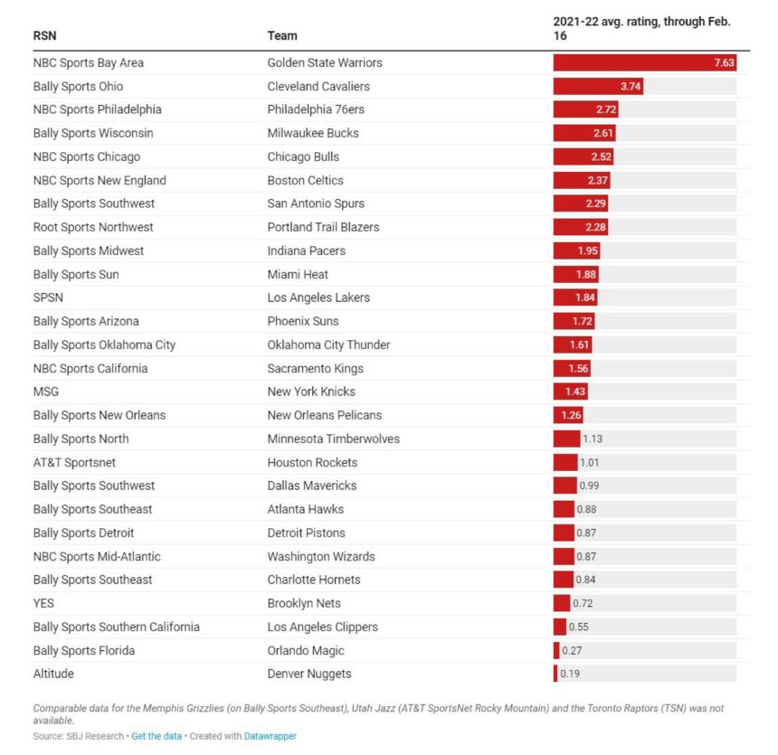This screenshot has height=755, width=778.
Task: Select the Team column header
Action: tap(282, 36)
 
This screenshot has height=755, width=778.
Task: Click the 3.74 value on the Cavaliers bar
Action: tap(631, 87)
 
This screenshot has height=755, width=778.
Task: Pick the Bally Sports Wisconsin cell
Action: tap(93, 134)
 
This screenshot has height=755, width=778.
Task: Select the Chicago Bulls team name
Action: tap(303, 157)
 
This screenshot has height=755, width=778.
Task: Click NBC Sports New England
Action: tap(100, 181)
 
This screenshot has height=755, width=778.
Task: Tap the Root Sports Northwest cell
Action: tap(93, 228)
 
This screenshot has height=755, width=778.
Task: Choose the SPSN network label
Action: tap(49, 298)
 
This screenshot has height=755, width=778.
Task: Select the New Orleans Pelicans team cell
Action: tap(325, 416)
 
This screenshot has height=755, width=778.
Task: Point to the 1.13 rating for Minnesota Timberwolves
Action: tap(593, 439)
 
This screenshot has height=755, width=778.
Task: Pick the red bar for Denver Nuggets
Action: tap(555, 675)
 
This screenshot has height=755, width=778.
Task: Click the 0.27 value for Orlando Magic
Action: tap(572, 651)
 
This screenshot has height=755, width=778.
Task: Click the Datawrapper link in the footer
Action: tap(270, 737)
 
